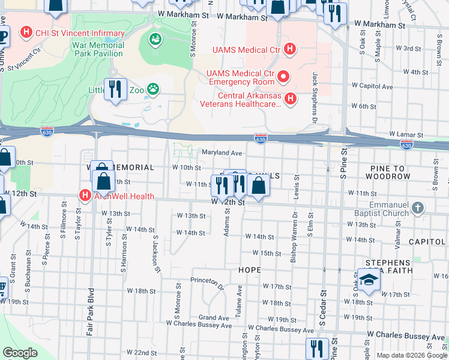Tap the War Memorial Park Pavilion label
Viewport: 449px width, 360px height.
[98, 50]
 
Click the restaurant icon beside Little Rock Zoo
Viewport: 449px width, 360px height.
[114, 90]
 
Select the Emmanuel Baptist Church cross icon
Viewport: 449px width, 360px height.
[419, 208]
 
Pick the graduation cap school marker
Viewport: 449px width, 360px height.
[369, 281]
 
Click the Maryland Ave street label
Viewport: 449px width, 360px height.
[221, 153]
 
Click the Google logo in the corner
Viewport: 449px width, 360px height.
[20, 353]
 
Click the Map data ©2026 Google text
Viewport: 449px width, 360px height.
[411, 355]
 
